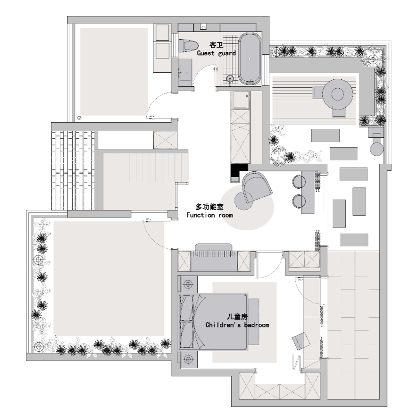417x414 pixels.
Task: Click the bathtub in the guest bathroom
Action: pos(250,59)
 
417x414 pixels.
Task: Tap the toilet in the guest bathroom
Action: pos(188,46)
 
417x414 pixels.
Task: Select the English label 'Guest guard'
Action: pos(216,53)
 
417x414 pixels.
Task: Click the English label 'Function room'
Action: pos(209,215)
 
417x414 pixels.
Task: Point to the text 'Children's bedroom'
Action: pos(237,325)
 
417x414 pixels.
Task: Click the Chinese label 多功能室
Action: pos(209,207)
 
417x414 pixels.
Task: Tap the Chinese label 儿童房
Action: pos(237,317)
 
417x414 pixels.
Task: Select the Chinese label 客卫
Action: pos(216,45)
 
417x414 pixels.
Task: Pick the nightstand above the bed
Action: pos(189,285)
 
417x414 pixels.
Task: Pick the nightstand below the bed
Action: pos(189,359)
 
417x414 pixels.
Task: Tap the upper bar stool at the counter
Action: pos(299,181)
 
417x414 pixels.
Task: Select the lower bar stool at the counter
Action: pos(299,201)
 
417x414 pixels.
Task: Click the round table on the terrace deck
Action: pos(338,94)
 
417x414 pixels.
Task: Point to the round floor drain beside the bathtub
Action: pos(230,78)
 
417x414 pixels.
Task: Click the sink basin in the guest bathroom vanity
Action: pos(184,72)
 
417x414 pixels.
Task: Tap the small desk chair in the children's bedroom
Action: pos(301,341)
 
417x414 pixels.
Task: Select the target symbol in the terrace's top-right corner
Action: pos(373,59)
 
